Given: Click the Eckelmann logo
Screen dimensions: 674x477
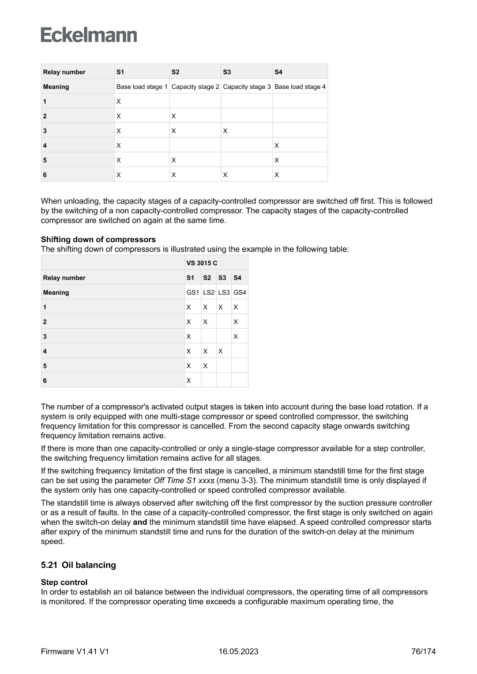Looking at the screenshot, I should tap(89, 35).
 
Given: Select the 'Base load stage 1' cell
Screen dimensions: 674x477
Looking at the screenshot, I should tap(142, 86).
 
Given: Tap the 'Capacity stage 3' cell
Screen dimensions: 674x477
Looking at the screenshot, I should tap(247, 86).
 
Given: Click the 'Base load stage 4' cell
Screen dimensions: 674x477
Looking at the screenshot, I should tap(300, 86).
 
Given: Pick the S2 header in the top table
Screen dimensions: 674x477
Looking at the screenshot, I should tap(175, 72).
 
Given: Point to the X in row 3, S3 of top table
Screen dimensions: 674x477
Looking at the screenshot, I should tap(225, 131).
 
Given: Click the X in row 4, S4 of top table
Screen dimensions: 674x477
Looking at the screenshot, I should tap(276, 145).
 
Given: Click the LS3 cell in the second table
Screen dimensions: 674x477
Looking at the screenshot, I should tap(224, 292).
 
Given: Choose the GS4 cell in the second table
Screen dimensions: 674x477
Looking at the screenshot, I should tap(240, 292).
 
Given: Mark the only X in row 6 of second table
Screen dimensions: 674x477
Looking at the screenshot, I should tap(188, 381).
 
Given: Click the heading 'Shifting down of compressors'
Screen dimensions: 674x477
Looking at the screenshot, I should tap(98, 239).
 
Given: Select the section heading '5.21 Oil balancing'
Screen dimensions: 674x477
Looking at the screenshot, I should tap(78, 565).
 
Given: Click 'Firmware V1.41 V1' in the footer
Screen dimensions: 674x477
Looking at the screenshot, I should tap(75, 652).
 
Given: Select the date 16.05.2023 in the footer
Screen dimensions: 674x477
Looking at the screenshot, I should tap(238, 652).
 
